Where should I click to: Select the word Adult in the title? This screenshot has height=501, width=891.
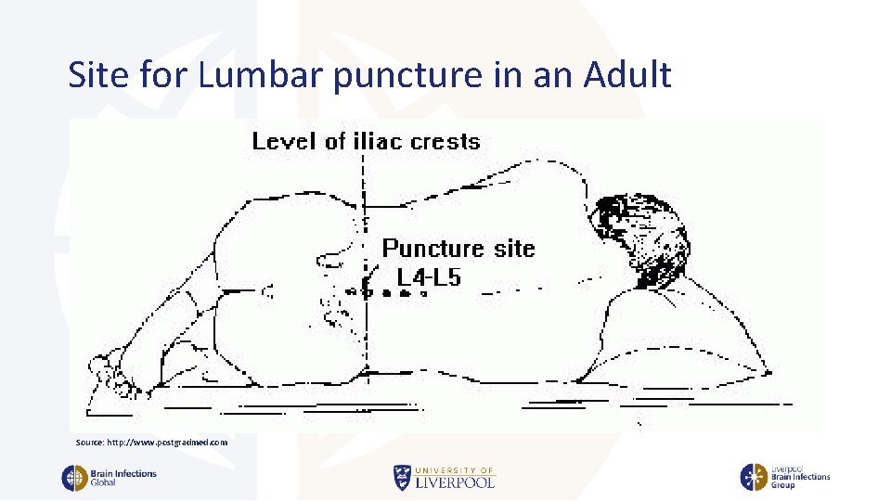(x=627, y=75)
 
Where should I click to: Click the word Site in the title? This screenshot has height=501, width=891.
(x=97, y=75)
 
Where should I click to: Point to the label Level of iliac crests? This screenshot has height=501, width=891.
(x=366, y=142)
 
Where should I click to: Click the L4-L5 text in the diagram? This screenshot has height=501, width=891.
(x=428, y=276)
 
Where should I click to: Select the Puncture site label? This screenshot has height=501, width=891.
(x=458, y=248)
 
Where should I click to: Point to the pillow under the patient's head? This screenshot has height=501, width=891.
(x=687, y=334)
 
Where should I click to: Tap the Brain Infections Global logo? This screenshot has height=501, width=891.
(x=110, y=478)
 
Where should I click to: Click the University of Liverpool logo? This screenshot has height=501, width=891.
(x=444, y=477)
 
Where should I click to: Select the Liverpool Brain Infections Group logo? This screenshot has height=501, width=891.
(x=784, y=477)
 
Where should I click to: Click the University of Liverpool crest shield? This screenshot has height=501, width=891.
(x=401, y=477)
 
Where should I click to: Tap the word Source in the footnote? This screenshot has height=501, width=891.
(x=90, y=443)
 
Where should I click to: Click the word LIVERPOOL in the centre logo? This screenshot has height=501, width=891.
(x=454, y=482)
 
